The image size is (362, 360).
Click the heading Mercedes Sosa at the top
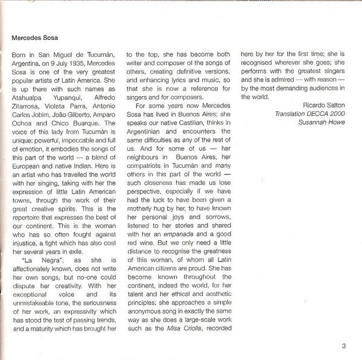38,35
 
